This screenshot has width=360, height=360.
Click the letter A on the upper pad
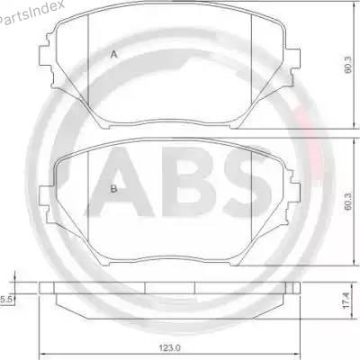point(113,54)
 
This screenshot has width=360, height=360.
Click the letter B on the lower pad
point(113,189)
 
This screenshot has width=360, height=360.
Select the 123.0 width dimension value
point(170,348)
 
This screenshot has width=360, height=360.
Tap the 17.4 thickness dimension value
point(346,301)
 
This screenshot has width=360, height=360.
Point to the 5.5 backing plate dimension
point(5,299)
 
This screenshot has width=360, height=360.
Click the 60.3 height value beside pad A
point(347,65)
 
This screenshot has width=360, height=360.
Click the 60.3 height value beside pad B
point(347,201)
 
